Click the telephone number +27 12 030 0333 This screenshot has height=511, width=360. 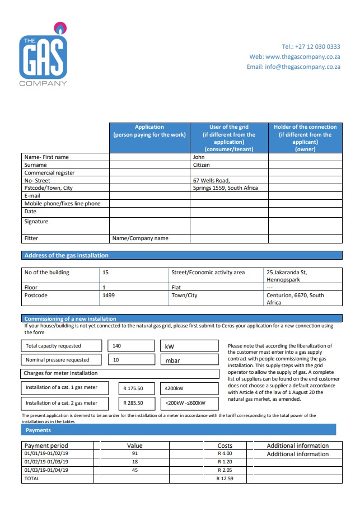[311, 46]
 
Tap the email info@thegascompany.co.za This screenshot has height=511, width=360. [293, 67]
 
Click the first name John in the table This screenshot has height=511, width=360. [199, 157]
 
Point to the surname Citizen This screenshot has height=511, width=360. [202, 165]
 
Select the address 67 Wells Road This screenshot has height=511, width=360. [211, 180]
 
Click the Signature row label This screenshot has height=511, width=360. [36, 222]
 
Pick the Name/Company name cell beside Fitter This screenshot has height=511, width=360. [141, 238]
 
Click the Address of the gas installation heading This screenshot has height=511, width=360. [67, 255]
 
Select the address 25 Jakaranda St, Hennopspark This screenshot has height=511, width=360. [287, 276]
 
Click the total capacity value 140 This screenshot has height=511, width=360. [117, 346]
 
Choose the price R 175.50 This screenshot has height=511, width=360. [134, 387]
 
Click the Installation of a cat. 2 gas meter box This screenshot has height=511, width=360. [62, 402]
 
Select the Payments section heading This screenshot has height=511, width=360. [38, 430]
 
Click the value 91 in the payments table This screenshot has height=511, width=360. [134, 453]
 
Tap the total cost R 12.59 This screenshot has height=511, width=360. [225, 479]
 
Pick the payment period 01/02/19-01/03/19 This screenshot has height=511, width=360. [46, 462]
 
